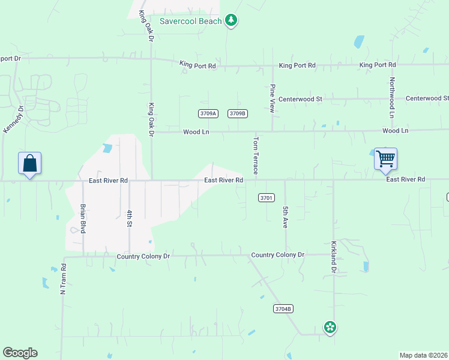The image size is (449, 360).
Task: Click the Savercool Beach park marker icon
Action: (x=231, y=21)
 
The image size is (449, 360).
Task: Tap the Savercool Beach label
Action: (x=190, y=21)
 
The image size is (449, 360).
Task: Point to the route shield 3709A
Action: (x=208, y=113)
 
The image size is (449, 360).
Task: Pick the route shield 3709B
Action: (x=238, y=113)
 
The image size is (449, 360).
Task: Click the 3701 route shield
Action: (x=267, y=197)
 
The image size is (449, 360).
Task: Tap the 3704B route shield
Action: (x=283, y=309)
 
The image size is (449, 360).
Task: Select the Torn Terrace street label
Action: (x=256, y=155)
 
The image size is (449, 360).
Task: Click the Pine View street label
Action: (x=272, y=98)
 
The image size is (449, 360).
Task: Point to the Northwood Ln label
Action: (x=391, y=97)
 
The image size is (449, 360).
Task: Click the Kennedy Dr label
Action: (x=13, y=120)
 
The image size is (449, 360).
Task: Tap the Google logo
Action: (x=20, y=353)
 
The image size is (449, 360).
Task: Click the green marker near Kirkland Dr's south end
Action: (x=330, y=328)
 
